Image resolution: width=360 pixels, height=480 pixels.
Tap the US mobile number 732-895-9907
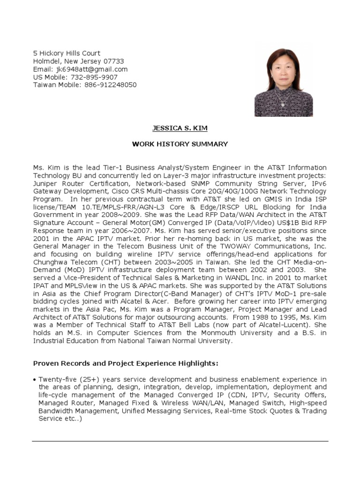[x=94, y=77]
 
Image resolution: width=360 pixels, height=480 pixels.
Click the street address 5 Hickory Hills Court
[x=66, y=53]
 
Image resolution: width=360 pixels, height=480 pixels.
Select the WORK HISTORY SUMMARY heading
[x=180, y=144]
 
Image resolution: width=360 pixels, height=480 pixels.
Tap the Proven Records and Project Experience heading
[x=126, y=363]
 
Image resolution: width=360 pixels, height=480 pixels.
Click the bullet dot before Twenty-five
[x=35, y=379]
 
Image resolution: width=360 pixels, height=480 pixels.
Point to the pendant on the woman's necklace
[x=283, y=104]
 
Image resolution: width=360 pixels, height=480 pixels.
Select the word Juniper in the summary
[x=45, y=184]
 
